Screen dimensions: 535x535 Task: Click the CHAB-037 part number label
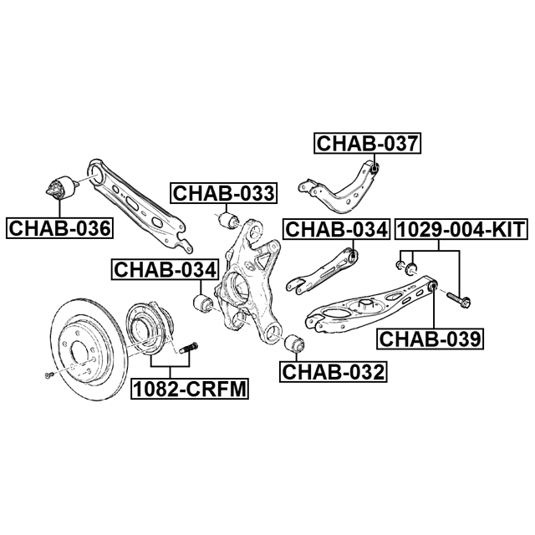pos(367,144)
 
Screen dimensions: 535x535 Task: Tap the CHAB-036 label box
pos(59,227)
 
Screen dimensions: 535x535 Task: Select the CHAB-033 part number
pos(223,194)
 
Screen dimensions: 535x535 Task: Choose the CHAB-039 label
pos(430,339)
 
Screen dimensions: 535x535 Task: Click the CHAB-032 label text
pos(334,370)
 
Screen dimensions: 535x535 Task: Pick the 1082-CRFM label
pos(183,389)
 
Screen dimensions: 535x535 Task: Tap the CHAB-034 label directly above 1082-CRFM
pos(166,269)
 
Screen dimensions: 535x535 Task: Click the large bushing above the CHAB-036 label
pos(59,188)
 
